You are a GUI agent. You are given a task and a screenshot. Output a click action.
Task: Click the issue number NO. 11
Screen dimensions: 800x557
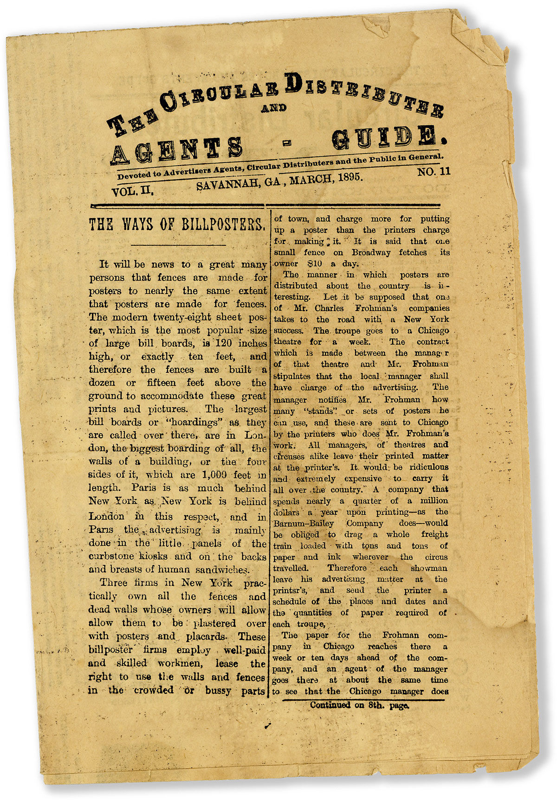coord(434,172)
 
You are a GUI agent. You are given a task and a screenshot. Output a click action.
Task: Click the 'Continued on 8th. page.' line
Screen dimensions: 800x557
coord(359,705)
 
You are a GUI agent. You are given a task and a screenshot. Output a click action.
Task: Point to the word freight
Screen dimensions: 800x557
coord(434,535)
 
